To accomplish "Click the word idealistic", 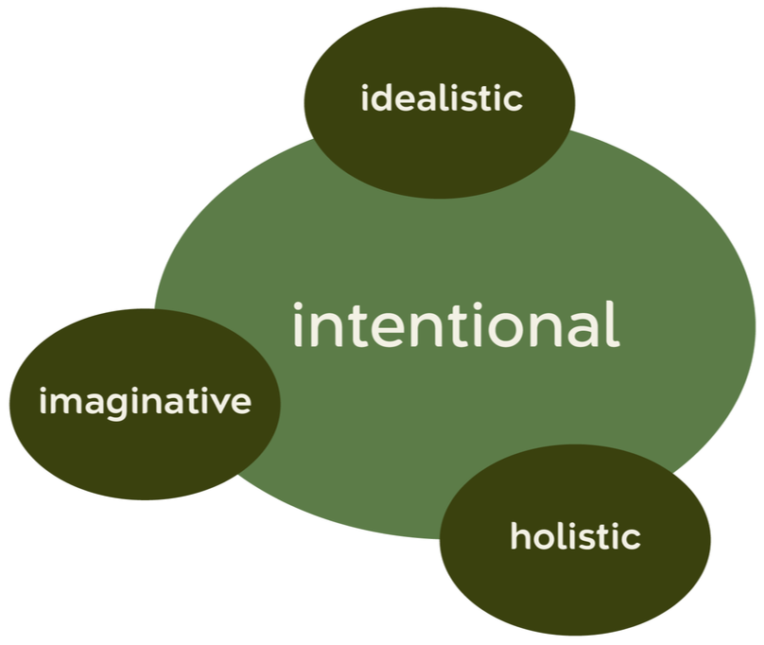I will pos(442,98).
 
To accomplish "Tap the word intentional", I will pos(455,325).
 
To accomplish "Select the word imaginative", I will pos(146,402).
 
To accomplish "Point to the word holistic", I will pos(575,537).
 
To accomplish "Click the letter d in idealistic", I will pos(379,98).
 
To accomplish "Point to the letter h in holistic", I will pos(518,536).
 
